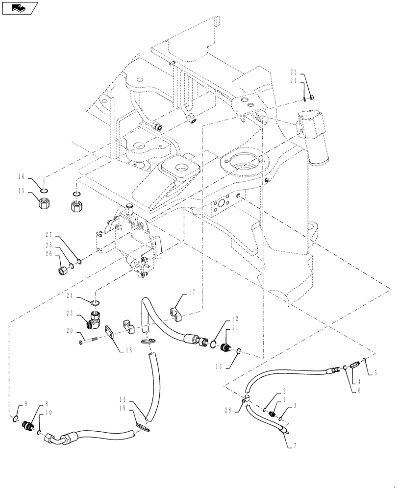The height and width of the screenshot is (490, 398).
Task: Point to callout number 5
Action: tap(375, 373)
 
